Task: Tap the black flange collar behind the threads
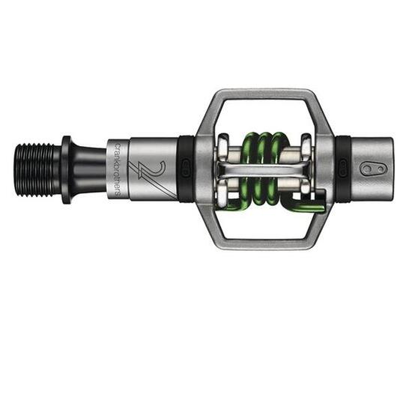coord(66,170)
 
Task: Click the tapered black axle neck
coord(88,170)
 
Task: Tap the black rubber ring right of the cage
coord(342,169)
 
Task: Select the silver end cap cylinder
coord(371,169)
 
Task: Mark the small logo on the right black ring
coord(342,170)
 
